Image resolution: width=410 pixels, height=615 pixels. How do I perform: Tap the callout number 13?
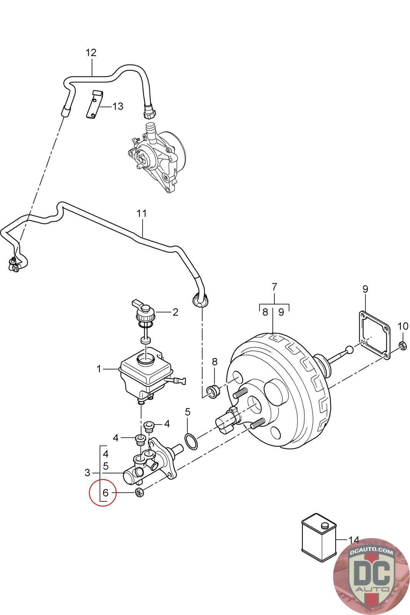[118, 106]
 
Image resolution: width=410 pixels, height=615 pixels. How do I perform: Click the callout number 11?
[142, 213]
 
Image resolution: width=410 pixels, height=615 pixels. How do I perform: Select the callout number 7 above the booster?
[274, 287]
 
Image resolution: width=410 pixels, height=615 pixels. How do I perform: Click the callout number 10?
[403, 327]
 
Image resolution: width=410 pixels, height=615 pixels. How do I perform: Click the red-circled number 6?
[106, 492]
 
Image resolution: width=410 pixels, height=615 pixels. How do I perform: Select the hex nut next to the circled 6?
[139, 492]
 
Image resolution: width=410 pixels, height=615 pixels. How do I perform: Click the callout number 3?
[87, 472]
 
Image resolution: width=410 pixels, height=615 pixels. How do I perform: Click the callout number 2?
[175, 312]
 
